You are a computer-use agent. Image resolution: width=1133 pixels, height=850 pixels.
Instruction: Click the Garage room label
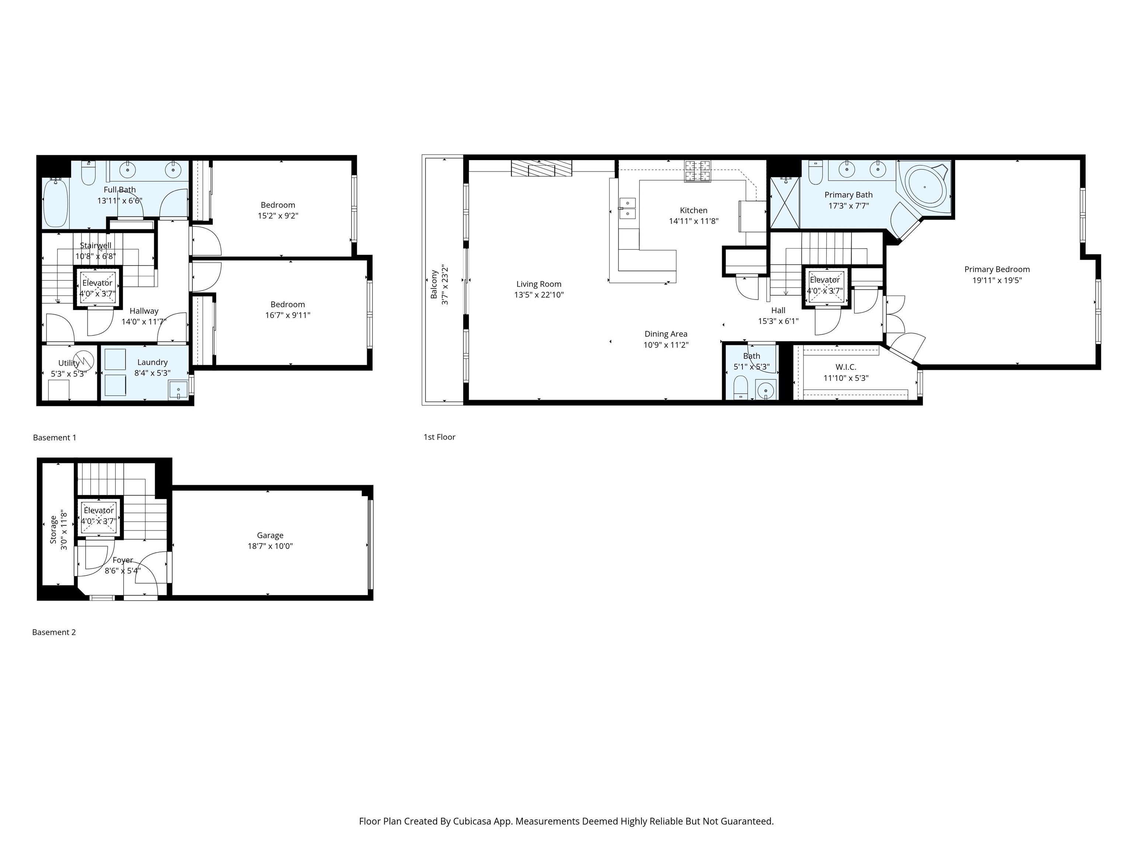click(270, 535)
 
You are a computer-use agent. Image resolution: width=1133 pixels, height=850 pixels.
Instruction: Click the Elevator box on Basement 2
click(99, 516)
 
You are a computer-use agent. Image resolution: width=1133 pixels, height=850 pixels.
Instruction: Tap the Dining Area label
click(665, 334)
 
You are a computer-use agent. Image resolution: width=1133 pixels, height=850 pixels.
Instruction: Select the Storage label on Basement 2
click(53, 529)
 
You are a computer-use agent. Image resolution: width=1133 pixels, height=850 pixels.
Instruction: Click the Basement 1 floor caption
click(54, 438)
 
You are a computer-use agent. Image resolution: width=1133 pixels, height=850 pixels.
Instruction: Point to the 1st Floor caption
click(439, 437)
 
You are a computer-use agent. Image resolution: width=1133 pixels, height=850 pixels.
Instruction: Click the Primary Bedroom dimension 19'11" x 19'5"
click(997, 280)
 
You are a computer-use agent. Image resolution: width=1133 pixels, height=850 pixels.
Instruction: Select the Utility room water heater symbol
click(84, 360)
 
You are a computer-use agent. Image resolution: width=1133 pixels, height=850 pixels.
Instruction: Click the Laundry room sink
click(178, 390)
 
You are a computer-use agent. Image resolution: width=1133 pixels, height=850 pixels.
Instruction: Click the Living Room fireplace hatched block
click(541, 168)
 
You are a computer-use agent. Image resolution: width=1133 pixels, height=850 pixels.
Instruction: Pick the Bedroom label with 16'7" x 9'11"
click(287, 304)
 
